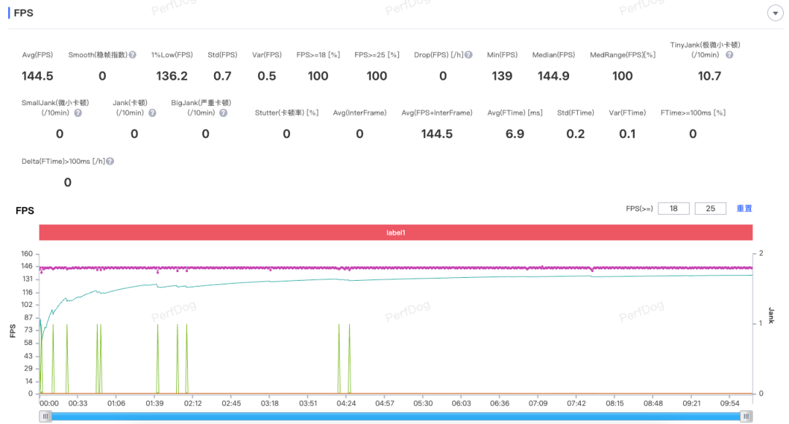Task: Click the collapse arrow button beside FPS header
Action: click(774, 13)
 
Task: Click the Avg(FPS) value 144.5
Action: click(37, 76)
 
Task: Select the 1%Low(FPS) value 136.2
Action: click(172, 76)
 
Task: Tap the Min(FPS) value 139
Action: click(502, 76)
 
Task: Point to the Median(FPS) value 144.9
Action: click(553, 76)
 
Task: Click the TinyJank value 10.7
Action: click(709, 76)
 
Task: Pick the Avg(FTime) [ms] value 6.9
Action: click(514, 134)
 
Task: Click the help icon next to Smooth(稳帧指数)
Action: click(133, 55)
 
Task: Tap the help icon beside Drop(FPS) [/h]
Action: click(468, 55)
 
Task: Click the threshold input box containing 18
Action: click(674, 208)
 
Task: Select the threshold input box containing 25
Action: click(710, 208)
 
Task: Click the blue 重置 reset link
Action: click(744, 208)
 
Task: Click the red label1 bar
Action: click(395, 232)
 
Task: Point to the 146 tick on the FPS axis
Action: click(27, 266)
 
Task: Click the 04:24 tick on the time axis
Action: click(346, 403)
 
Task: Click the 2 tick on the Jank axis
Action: click(761, 253)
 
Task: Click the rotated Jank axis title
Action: click(771, 316)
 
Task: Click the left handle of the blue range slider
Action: click(45, 416)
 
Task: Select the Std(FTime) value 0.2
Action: click(576, 134)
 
